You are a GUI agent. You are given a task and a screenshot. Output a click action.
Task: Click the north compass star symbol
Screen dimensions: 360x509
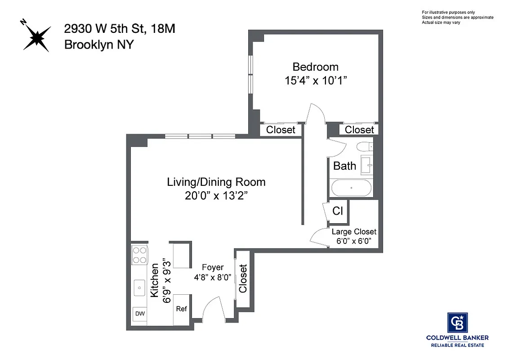pyautogui.click(x=36, y=36)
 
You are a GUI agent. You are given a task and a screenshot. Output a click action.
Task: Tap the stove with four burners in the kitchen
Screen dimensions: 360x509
pyautogui.click(x=139, y=255)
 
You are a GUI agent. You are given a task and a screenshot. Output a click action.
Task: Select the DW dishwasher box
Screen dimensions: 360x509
pyautogui.click(x=140, y=314)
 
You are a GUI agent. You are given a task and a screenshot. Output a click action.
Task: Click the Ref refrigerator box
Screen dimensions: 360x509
pyautogui.click(x=182, y=309)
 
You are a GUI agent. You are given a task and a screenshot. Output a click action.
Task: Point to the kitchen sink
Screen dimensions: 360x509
pyautogui.click(x=140, y=286)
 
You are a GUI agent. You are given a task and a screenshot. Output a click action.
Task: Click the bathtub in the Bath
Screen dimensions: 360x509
pyautogui.click(x=351, y=188)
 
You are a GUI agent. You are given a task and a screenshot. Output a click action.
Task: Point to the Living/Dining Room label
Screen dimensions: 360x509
pyautogui.click(x=216, y=182)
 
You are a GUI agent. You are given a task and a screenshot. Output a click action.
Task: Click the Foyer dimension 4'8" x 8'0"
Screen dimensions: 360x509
pyautogui.click(x=213, y=277)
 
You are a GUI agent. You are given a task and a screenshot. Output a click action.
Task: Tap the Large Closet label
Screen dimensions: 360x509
pyautogui.click(x=354, y=232)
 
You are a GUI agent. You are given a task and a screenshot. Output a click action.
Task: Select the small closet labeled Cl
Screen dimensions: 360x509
pyautogui.click(x=338, y=211)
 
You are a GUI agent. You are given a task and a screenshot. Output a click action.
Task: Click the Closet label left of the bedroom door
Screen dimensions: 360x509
pyautogui.click(x=281, y=130)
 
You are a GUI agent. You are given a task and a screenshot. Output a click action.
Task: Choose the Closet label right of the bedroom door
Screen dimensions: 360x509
pyautogui.click(x=359, y=130)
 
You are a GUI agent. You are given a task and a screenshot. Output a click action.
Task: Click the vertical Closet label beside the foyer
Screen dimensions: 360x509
pyautogui.click(x=243, y=279)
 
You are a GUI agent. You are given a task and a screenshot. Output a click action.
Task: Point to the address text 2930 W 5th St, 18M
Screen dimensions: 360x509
pyautogui.click(x=119, y=29)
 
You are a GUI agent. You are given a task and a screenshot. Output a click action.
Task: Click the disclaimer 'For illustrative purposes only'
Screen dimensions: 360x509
pyautogui.click(x=448, y=12)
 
